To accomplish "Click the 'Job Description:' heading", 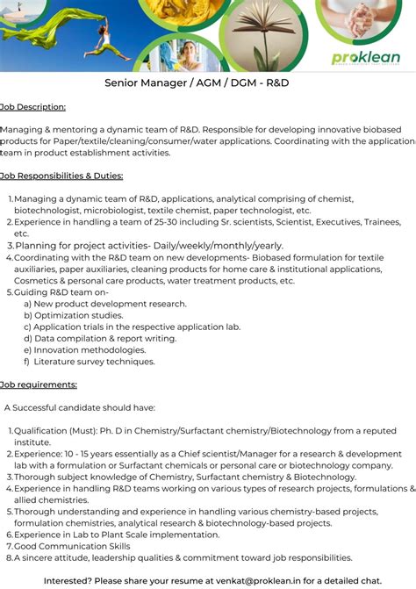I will pos(33,107).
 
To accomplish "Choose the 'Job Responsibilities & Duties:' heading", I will pos(61,176).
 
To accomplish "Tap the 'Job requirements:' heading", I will pos(39,384).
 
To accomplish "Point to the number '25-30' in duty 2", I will pos(154,222).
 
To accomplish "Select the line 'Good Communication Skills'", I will pos(72,545).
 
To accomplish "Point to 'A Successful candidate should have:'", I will pos(80,407).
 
